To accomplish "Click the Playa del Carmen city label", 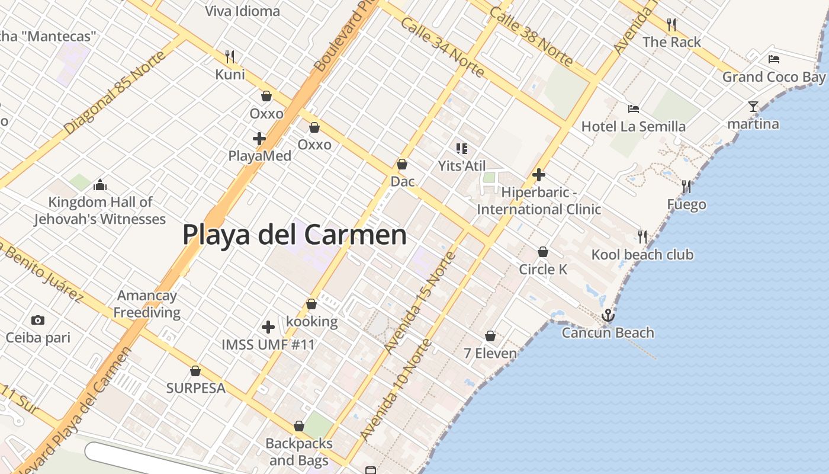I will point(294,235).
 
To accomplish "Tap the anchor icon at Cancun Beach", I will point(608,316).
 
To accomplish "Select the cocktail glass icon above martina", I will point(753,107).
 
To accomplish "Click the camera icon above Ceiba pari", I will point(38,321).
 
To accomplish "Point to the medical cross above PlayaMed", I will point(259,139).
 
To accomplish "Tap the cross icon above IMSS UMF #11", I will point(268,326).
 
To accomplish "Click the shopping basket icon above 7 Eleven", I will point(490,336).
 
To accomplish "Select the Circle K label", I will point(543,270).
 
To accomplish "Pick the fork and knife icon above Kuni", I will point(230,57).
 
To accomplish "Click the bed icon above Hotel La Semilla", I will point(634,109).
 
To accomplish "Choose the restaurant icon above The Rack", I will point(671,25).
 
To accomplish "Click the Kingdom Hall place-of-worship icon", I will point(100,185).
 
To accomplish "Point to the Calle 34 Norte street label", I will point(442,47).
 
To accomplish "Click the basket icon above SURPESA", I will point(195,371).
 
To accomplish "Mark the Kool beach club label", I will point(642,255).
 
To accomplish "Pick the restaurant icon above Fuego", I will point(686,187).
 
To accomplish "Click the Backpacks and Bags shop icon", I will point(299,427).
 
